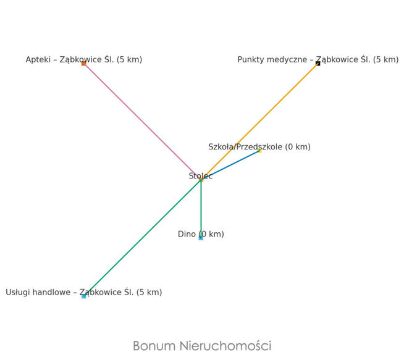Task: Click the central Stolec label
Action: [201, 176]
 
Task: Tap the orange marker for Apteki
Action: [84, 64]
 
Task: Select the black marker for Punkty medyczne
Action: [318, 64]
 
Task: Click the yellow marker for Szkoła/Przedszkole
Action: [260, 151]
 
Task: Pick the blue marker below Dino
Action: [201, 238]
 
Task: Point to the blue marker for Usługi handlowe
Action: [84, 296]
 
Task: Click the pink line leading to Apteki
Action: [142, 121]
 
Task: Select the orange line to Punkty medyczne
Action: [259, 121]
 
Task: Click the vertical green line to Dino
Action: [201, 207]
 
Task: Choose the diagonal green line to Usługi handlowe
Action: [142, 238]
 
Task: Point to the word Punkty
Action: [253, 60]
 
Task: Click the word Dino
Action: [187, 235]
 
